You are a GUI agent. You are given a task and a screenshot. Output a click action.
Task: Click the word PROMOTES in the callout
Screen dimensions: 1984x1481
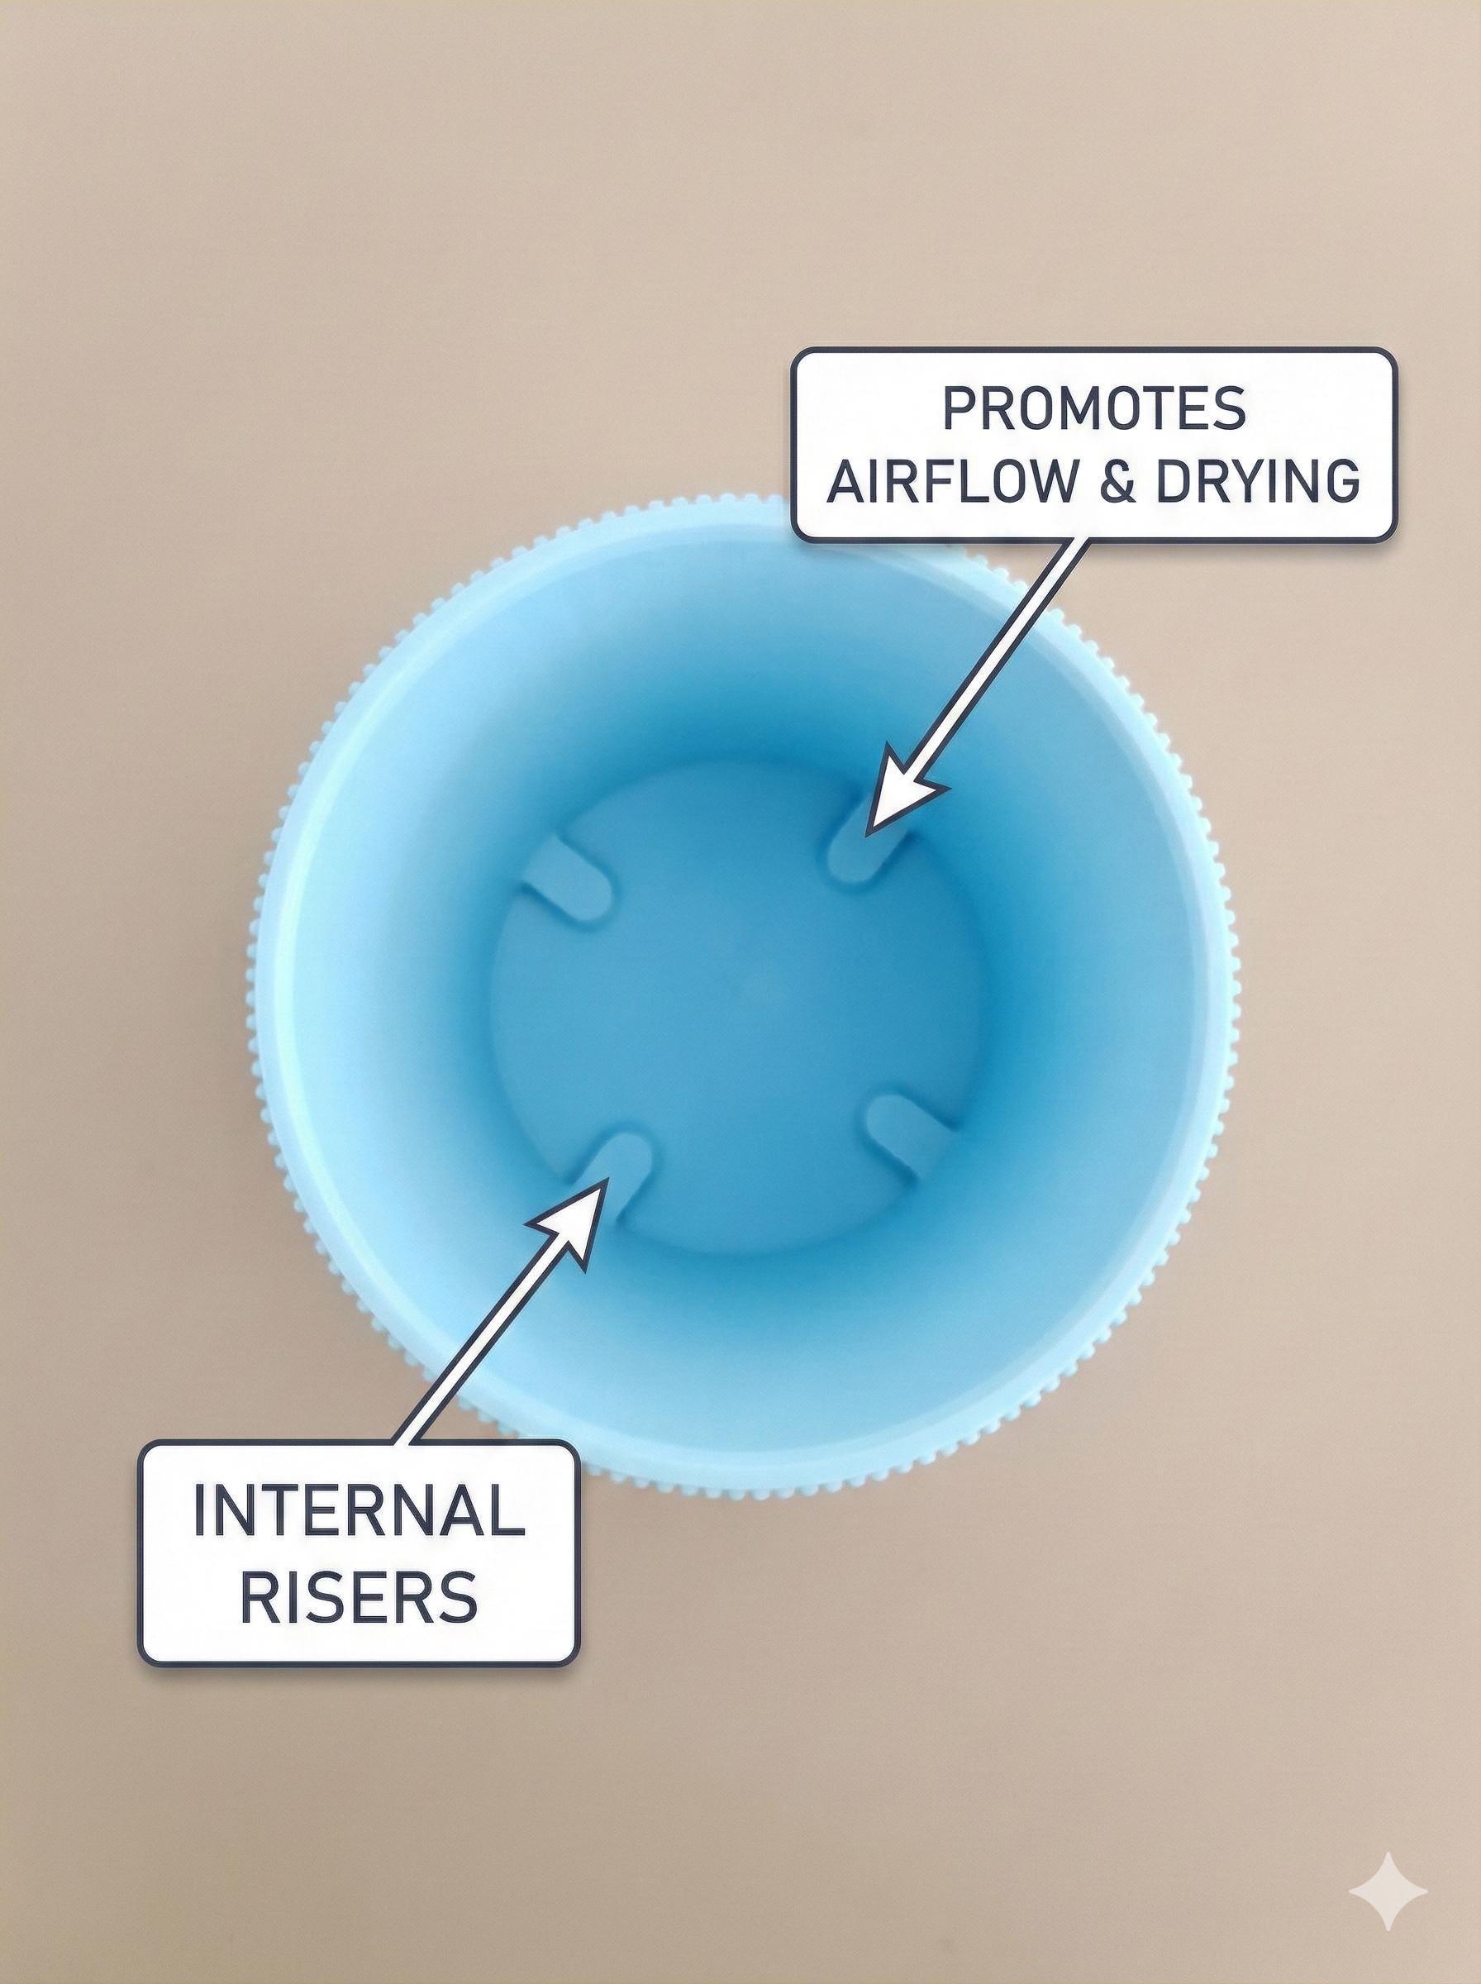click(1093, 410)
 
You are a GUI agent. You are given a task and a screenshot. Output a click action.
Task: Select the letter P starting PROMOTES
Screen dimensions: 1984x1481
click(960, 410)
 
